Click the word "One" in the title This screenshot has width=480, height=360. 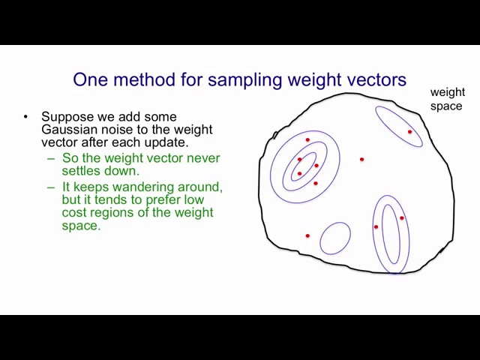[x=91, y=79]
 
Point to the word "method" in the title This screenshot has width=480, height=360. [x=145, y=79]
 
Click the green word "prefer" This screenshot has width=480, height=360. [x=163, y=200]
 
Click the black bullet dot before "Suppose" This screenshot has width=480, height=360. [x=25, y=117]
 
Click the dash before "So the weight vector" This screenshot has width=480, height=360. [x=51, y=159]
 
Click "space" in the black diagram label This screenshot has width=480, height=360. [x=446, y=106]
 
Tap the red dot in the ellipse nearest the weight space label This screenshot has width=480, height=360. [x=410, y=132]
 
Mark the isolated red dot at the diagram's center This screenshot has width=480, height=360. [x=361, y=160]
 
